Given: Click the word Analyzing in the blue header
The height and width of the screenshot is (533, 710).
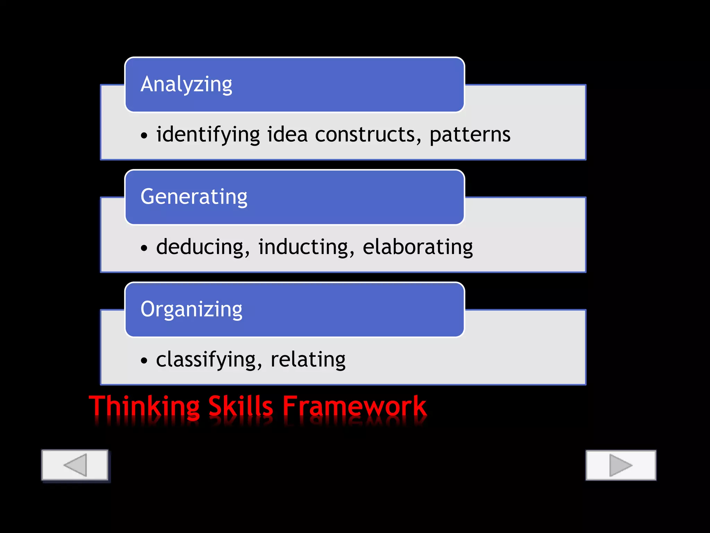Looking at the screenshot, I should tap(186, 84).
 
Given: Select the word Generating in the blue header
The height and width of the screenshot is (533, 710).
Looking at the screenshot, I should tap(194, 197).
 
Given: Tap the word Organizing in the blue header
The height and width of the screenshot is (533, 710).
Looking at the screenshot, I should tap(191, 309).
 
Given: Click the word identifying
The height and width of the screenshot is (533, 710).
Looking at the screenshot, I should tap(208, 135).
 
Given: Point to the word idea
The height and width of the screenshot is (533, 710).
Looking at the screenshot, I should tap(287, 135).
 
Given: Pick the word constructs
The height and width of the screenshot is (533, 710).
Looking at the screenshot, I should tap(368, 135).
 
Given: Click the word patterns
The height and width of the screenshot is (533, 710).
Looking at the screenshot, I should tap(470, 135).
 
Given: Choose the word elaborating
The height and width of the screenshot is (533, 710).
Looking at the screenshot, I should tap(417, 247).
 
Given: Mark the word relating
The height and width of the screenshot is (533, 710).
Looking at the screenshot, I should tap(308, 359).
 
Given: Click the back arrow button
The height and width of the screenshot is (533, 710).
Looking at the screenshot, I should tap(75, 465).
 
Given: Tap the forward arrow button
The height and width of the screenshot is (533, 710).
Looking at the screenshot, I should tap(621, 465).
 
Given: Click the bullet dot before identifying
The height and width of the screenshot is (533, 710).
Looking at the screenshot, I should tap(144, 136).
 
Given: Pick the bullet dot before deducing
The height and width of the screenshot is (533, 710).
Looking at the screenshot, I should tap(144, 248).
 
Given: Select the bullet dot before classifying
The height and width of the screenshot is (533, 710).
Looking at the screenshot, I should tap(144, 361).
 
